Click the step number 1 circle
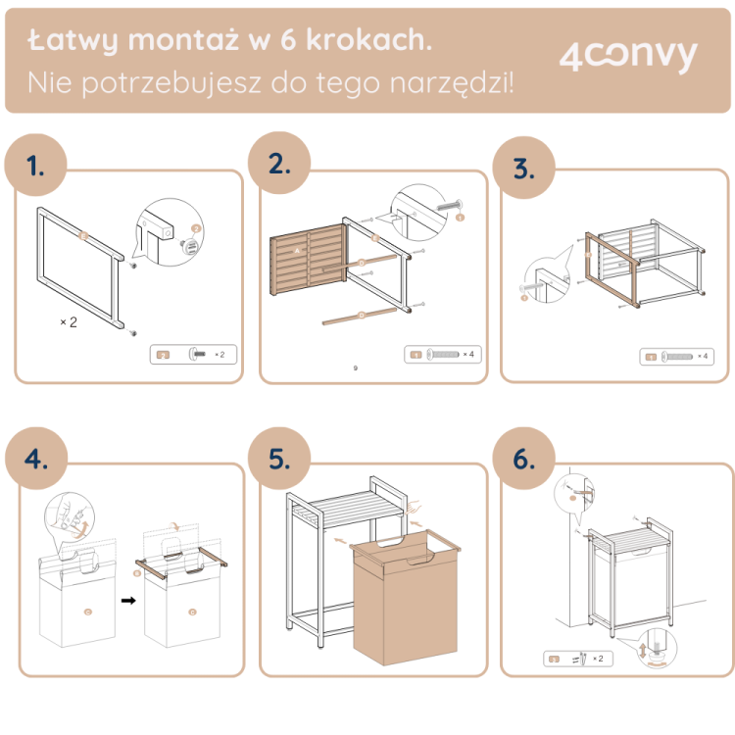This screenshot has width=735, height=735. tap(37, 165)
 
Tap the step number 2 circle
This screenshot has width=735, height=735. tap(280, 164)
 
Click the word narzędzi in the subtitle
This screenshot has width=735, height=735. tap(451, 82)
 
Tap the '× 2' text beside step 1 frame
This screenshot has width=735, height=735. tap(68, 320)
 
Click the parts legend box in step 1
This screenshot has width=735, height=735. tap(193, 354)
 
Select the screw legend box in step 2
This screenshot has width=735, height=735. tap(442, 354)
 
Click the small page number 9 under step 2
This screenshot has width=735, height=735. tap(355, 369)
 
